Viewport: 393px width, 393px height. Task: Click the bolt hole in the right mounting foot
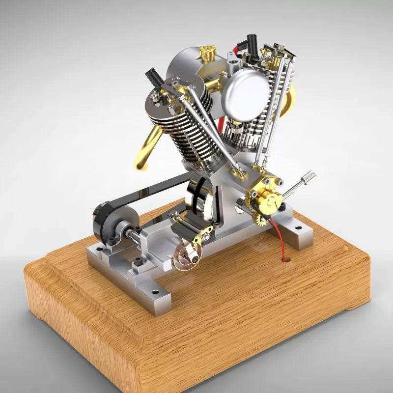[299, 229]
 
